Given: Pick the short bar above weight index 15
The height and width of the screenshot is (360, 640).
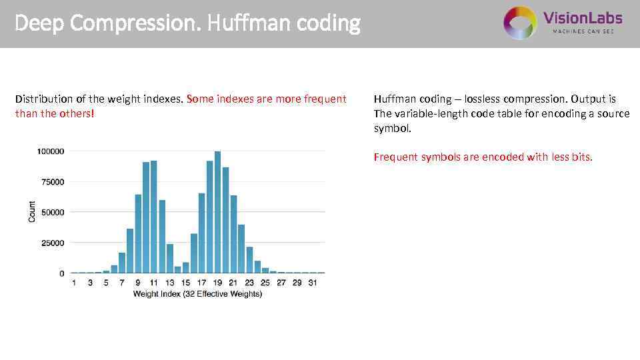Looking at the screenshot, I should (186, 267).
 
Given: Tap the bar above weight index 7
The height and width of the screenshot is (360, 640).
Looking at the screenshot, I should (122, 263).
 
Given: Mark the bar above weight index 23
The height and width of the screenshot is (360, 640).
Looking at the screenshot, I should (249, 260).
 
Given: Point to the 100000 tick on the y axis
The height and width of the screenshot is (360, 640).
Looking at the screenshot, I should (50, 151).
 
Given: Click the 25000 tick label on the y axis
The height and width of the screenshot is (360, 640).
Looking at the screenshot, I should (52, 243).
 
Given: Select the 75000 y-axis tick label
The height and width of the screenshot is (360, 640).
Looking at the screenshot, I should (52, 182).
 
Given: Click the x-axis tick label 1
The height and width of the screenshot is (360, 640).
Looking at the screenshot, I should (74, 283).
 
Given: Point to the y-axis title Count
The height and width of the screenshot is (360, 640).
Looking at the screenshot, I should (32, 212).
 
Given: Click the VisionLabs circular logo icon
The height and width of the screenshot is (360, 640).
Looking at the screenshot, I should (520, 23).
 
